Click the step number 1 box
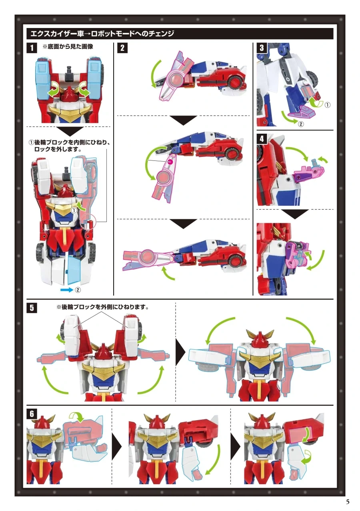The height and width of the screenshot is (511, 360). tap(32, 48)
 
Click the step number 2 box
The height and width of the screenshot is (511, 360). tap(122, 48)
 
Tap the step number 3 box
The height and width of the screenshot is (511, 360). tap(262, 48)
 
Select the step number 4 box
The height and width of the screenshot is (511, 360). tap(262, 139)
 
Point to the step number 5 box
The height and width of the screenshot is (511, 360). tap(32, 308)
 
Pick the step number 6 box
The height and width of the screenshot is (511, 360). tap(32, 414)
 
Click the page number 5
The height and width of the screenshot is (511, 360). tap(348, 502)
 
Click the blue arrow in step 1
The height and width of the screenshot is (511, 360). tap(67, 290)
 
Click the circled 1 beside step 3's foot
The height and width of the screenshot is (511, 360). tap(327, 105)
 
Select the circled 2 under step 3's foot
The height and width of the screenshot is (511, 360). tap(301, 124)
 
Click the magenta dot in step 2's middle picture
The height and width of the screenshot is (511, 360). tap(170, 162)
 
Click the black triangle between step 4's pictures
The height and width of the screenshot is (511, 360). tap(295, 214)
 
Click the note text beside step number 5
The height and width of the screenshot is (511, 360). tap(102, 307)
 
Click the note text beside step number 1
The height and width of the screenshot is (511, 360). tap(68, 46)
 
